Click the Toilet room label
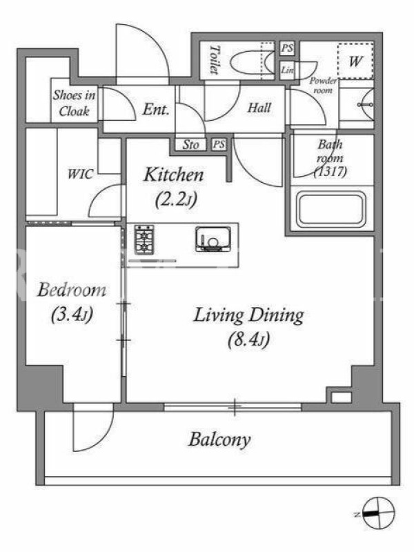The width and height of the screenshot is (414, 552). pos(215,60)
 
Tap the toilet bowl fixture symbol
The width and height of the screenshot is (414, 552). pos(252,62)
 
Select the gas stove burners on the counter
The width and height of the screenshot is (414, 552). pos(144,239)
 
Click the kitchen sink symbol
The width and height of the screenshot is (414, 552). pos(213,239)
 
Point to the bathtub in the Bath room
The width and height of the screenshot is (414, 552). pos(331,210)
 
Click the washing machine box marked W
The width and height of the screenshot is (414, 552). pos(355,61)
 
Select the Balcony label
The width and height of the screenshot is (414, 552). pos(219,440)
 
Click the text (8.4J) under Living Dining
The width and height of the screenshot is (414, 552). pos(248,340)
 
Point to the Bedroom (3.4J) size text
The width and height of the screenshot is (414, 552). pos(72,315)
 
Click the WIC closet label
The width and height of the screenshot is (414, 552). pos(81,174)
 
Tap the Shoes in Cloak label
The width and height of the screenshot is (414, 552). pos(74,103)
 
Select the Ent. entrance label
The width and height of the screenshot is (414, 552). pos(156,110)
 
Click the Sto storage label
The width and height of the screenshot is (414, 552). pos(190,145)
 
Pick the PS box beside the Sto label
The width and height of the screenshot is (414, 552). pos(219,144)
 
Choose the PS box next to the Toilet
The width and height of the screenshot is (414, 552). pos(287,48)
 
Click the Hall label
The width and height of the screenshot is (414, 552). pos(259,108)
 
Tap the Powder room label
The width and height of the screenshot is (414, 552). pos(322,85)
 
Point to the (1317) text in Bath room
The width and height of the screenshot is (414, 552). pos(331,172)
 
